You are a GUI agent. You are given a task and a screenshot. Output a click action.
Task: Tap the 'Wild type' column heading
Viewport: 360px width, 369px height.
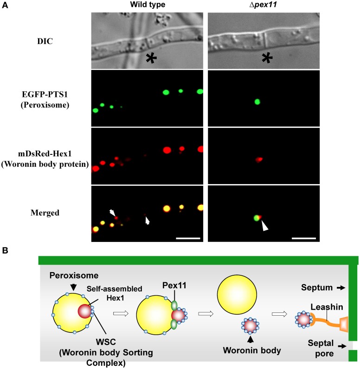coord(147,5)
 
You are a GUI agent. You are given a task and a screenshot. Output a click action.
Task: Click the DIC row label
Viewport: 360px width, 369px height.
coord(45,41)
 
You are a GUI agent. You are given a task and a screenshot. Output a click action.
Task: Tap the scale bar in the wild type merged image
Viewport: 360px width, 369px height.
coord(188,238)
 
